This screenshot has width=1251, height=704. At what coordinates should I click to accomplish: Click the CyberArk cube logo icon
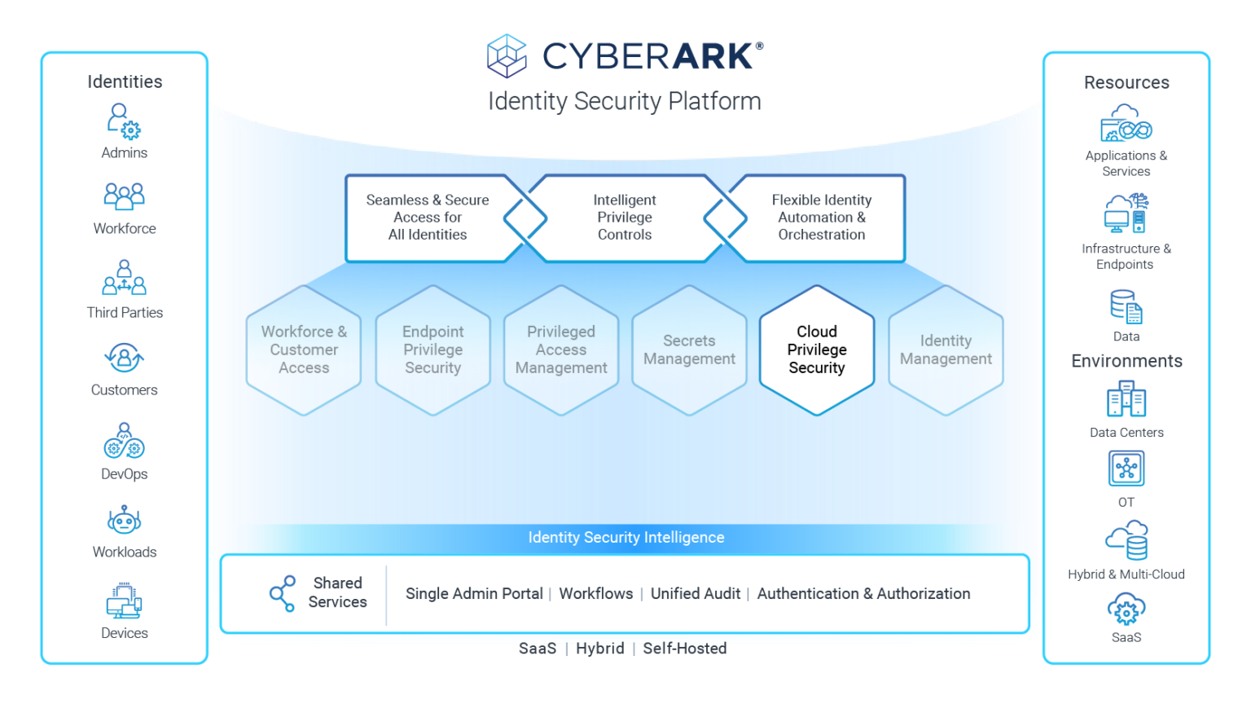point(507,55)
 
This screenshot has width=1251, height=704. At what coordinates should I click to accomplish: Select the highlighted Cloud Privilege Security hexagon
point(816,350)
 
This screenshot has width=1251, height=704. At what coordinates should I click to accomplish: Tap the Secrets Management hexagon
point(689,350)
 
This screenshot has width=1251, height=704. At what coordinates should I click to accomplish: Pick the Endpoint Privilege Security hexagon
point(432,350)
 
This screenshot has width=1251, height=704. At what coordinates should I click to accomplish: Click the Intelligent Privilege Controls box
point(624,218)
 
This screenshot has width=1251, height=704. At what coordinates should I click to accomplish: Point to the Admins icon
point(124,121)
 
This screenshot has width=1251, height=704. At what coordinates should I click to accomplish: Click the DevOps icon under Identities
point(124,441)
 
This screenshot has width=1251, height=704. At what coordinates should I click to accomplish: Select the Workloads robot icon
point(124,520)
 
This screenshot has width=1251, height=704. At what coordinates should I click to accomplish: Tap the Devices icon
point(124,601)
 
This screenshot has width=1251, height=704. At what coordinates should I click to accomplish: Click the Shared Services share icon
point(282,593)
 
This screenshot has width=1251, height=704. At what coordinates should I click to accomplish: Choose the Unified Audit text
point(695,594)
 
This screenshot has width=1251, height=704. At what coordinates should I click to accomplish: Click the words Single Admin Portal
point(474,594)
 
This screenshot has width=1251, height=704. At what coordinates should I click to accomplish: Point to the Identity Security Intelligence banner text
point(625,538)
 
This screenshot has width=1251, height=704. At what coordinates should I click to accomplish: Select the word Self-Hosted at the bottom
point(684,649)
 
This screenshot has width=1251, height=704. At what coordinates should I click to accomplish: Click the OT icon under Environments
point(1126,469)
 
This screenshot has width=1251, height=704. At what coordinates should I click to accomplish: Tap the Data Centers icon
point(1126,400)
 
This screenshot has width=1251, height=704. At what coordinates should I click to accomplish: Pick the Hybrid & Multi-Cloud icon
point(1126,540)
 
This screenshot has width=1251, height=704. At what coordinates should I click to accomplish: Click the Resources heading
point(1126,82)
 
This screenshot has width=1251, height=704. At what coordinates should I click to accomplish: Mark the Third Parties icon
point(124,278)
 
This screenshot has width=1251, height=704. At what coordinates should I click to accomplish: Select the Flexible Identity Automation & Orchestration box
point(821,218)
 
